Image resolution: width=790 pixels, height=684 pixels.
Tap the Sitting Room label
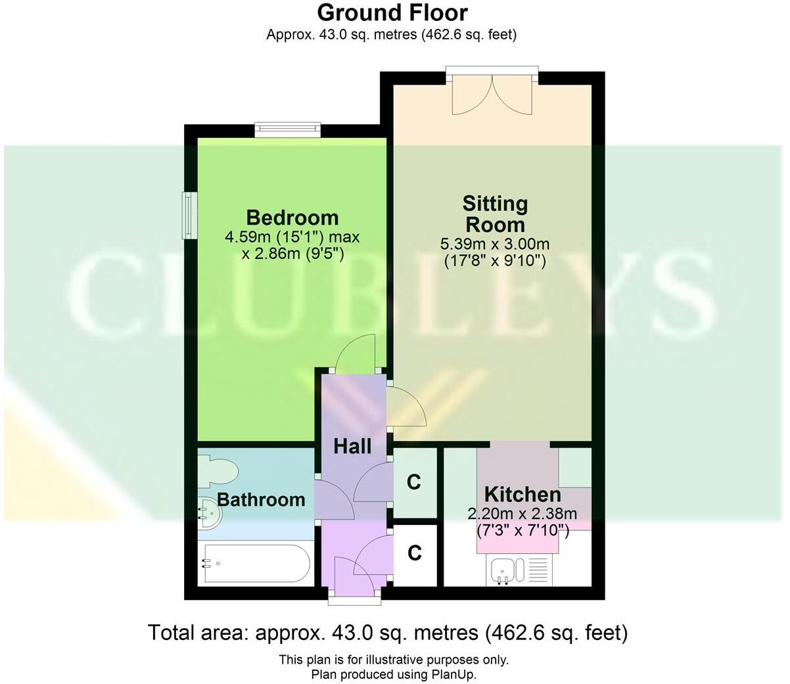point(494,214)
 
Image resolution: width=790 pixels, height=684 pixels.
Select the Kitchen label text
point(523,494)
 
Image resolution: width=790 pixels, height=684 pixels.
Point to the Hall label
point(352,447)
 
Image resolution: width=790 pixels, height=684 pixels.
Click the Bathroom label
point(261,500)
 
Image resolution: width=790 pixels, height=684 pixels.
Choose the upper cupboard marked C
point(413,482)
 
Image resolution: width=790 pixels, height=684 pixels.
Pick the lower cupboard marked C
point(414,553)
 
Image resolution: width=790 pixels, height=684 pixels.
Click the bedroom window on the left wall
point(189,215)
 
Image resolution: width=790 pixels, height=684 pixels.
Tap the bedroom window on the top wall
point(287,129)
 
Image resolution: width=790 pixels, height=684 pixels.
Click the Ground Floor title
point(392,12)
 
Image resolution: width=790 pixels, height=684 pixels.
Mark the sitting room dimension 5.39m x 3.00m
point(494,244)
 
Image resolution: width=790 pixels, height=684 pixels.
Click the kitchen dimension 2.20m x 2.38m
point(522,513)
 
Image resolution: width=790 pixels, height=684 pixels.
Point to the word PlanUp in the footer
point(453,674)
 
